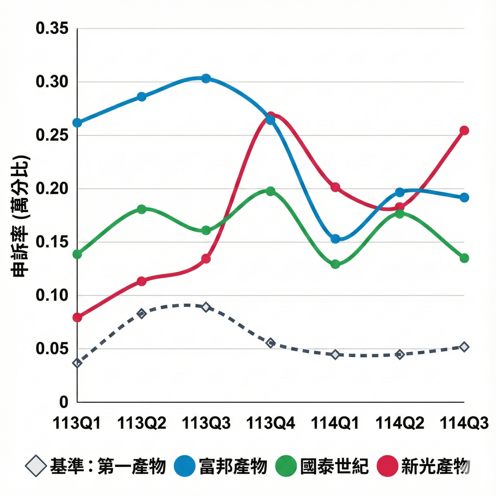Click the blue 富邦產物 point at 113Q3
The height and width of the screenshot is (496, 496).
click(x=206, y=78)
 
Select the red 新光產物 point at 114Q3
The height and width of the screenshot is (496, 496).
click(x=464, y=130)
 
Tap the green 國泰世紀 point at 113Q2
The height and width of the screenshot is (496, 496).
click(x=142, y=209)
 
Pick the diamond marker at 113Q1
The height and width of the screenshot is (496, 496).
click(x=77, y=363)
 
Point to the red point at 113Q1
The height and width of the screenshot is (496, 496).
click(x=77, y=317)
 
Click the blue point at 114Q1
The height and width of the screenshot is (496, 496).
click(x=335, y=239)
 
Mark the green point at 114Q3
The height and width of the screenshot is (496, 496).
click(x=464, y=258)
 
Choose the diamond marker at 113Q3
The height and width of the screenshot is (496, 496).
click(x=206, y=307)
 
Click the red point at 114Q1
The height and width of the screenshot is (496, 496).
click(x=335, y=187)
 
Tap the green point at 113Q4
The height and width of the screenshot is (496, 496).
click(x=270, y=191)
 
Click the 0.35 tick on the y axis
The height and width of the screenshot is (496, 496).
click(x=52, y=28)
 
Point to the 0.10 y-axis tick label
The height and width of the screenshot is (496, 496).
click(x=52, y=295)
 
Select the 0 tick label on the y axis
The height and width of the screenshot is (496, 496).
click(x=64, y=402)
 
